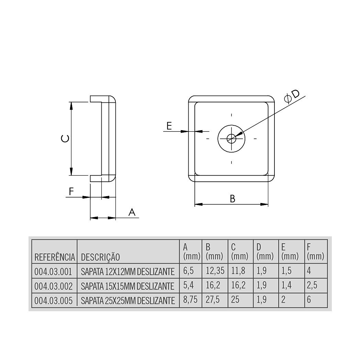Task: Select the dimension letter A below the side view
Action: click(x=132, y=213)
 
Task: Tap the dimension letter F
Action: click(x=71, y=191)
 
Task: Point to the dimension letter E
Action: click(x=169, y=126)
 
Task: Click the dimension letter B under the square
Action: click(x=233, y=199)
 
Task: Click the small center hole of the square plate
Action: click(x=232, y=139)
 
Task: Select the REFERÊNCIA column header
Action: click(x=54, y=257)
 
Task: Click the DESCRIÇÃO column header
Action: click(x=100, y=257)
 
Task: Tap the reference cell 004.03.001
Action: click(x=54, y=271)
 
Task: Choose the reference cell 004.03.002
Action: click(x=54, y=286)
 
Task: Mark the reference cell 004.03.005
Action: click(x=54, y=301)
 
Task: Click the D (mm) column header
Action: click(x=265, y=252)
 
